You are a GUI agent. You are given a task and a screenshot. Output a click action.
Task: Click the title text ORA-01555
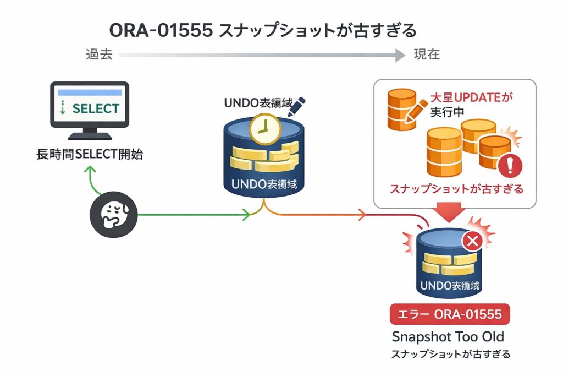tap(161, 30)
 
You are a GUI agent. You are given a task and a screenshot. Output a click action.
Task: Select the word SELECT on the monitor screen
tap(95, 108)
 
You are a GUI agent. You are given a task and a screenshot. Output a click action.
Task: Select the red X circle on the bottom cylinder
tap(472, 241)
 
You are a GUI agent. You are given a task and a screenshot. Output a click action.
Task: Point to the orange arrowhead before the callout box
tap(363, 215)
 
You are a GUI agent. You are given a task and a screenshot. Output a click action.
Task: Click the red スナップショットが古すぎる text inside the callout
tap(456, 189)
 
